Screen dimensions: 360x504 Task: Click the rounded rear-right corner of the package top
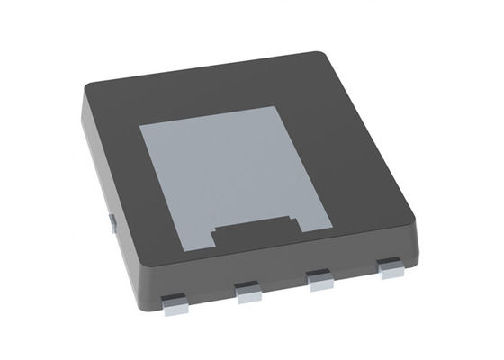tap(335, 57)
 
